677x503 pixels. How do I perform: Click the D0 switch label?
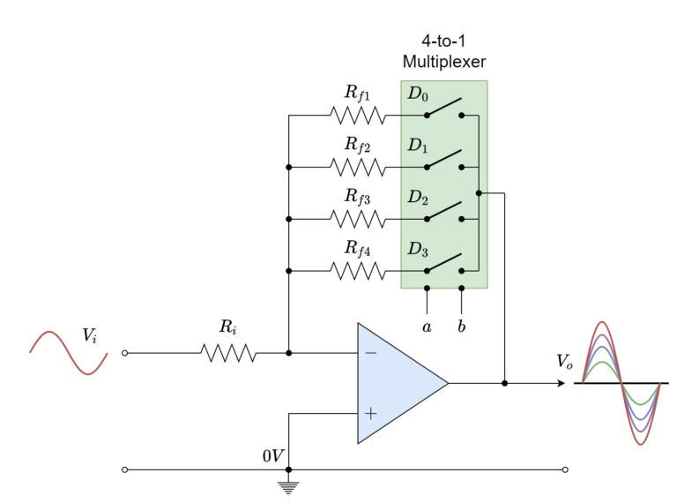tap(417, 94)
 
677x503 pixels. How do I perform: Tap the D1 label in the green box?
tap(417, 146)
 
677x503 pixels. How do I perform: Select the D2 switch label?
tap(417, 198)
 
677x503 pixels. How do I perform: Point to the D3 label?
tap(417, 250)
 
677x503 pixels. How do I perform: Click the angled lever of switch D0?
tap(445, 107)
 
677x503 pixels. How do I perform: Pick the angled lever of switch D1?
tap(445, 159)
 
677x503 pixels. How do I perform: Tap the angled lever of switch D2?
tap(445, 211)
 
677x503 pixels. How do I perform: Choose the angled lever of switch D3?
tap(445, 262)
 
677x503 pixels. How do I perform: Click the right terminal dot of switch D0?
tap(461, 115)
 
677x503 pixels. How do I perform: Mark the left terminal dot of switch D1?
tap(427, 167)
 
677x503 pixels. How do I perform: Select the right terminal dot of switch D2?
tap(461, 219)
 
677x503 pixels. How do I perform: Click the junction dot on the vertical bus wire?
tap(479, 192)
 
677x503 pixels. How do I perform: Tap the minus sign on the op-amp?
tap(370, 353)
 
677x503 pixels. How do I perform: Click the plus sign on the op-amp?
tap(370, 413)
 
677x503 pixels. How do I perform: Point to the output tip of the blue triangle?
tap(446, 383)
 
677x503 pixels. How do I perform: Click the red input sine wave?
tap(69, 353)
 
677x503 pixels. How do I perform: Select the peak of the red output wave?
tap(602, 323)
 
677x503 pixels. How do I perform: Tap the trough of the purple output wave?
tap(641, 432)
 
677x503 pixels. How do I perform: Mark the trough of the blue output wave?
tap(641, 419)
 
